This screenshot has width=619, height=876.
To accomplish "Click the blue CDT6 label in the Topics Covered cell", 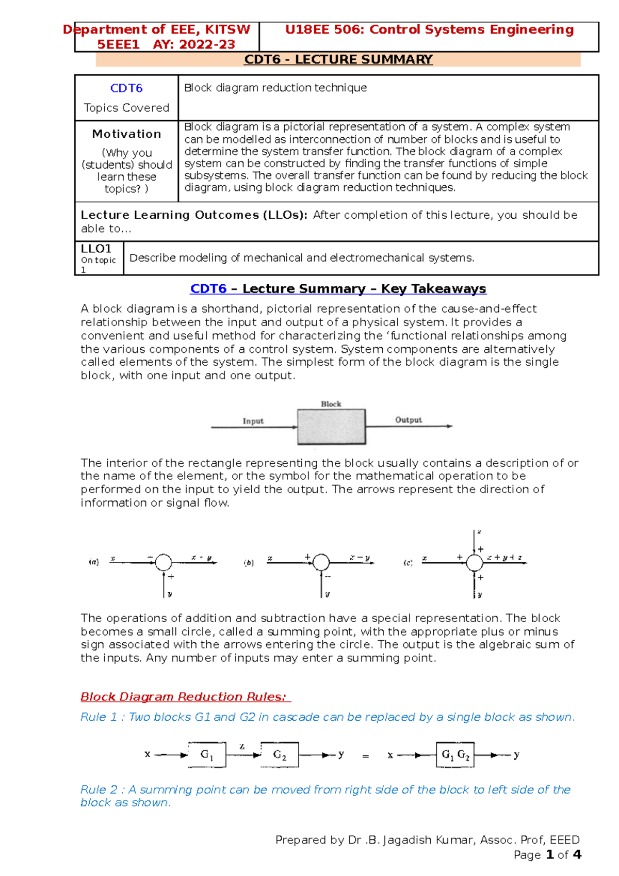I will coord(126,88).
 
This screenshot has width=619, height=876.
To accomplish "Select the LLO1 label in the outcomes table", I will coord(96,249).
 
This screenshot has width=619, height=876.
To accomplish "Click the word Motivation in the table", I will coord(126,134).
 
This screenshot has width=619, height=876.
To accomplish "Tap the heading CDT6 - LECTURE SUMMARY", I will coord(338,60).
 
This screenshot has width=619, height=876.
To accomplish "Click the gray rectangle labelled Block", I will coord(331,427).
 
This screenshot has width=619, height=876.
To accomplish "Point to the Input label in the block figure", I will coord(253,421).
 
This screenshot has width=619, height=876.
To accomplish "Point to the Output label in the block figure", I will coord(408,420).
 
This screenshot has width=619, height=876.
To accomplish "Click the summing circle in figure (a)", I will coord(164,562).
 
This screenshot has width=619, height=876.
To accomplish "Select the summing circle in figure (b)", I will coord(321,562).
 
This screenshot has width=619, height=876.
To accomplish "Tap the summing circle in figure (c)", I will coord(474,562).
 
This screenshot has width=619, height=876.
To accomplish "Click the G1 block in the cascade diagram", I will coord(206,755).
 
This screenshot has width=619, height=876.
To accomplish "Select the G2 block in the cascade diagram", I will coord(280,755).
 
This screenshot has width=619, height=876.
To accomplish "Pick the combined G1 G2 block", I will coord(455,755).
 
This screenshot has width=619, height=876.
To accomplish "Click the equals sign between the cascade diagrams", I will coord(366,757).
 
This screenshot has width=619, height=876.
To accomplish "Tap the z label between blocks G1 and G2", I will coord(242,746).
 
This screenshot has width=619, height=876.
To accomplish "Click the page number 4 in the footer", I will coord(577,855).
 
